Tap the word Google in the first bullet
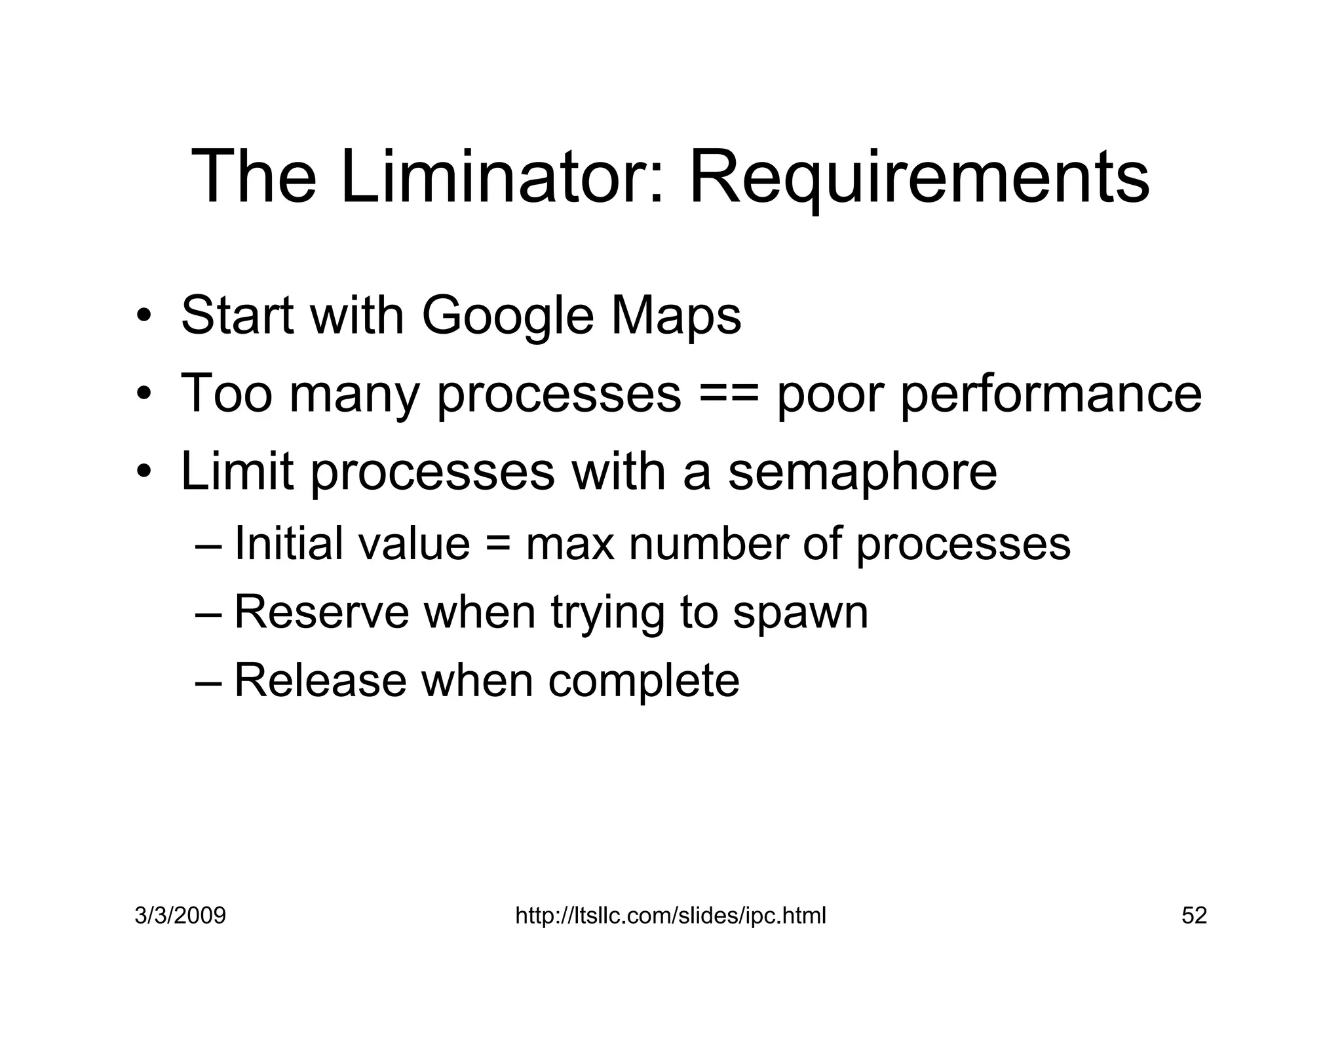tap(507, 317)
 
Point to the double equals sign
tap(729, 395)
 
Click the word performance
tap(1051, 395)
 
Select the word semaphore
tap(862, 471)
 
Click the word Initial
tap(286, 543)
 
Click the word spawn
tap(800, 614)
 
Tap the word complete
tap(643, 681)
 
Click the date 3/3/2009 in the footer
tap(180, 915)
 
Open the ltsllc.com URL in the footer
tap(670, 915)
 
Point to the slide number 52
tap(1194, 915)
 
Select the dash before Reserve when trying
tap(209, 614)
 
